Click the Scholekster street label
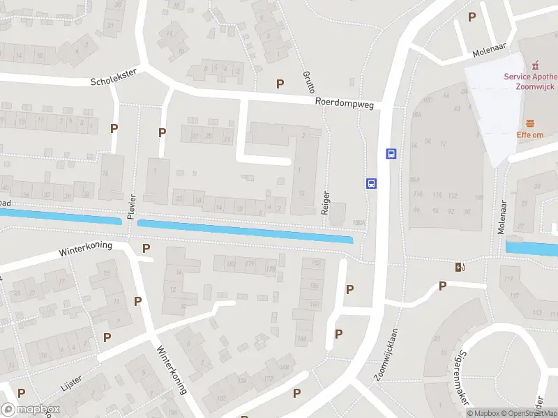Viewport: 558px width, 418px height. pyautogui.click(x=114, y=77)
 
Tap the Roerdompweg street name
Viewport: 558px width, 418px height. pyautogui.click(x=345, y=102)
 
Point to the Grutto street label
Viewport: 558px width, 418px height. pyautogui.click(x=309, y=82)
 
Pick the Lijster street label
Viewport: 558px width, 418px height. pyautogui.click(x=72, y=382)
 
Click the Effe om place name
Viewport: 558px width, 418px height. pyautogui.click(x=530, y=134)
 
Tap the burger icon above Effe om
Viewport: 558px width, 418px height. pyautogui.click(x=530, y=122)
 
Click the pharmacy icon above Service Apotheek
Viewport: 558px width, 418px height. pyautogui.click(x=536, y=64)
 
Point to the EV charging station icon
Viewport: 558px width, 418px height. pyautogui.click(x=458, y=266)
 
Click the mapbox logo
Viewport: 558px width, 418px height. pyautogui.click(x=31, y=410)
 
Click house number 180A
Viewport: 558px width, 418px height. pyautogui.click(x=359, y=223)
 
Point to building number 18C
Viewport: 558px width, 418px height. pyautogui.click(x=428, y=100)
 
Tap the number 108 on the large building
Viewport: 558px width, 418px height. pyautogui.click(x=478, y=197)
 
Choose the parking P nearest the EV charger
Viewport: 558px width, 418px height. pyautogui.click(x=442, y=285)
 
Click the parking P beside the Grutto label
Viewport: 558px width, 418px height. pyautogui.click(x=280, y=84)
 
